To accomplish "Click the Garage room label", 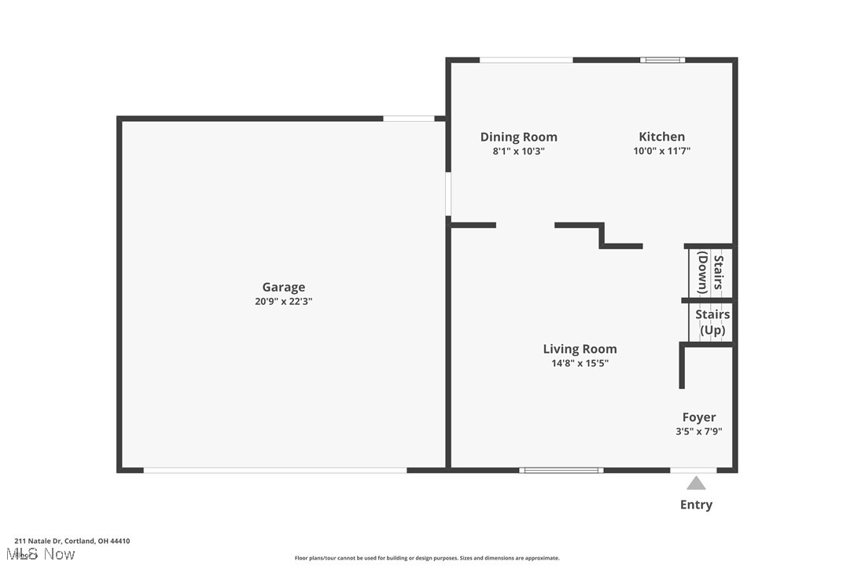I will pos(283,288).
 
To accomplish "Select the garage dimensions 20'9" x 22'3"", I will pos(283,301).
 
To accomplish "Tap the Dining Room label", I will pos(518,137).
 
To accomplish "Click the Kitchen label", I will pos(661,137).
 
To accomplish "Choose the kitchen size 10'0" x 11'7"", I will pos(661,151).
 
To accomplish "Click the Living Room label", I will pos(580,349).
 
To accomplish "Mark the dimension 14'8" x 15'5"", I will pos(580,363).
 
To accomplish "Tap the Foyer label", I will pos(698,417).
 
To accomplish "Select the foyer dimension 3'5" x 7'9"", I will pos(698,431).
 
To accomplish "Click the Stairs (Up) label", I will pos(712,322).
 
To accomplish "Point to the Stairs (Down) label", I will pos(710,272).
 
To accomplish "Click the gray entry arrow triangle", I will pos(696,483).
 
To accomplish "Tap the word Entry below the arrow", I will pos(696,505).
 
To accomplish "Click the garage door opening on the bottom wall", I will pos(275,470).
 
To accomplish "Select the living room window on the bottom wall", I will pos(561,470).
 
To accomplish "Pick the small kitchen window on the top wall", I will pos(662,60).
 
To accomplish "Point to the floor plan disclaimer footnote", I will pos(427,558).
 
